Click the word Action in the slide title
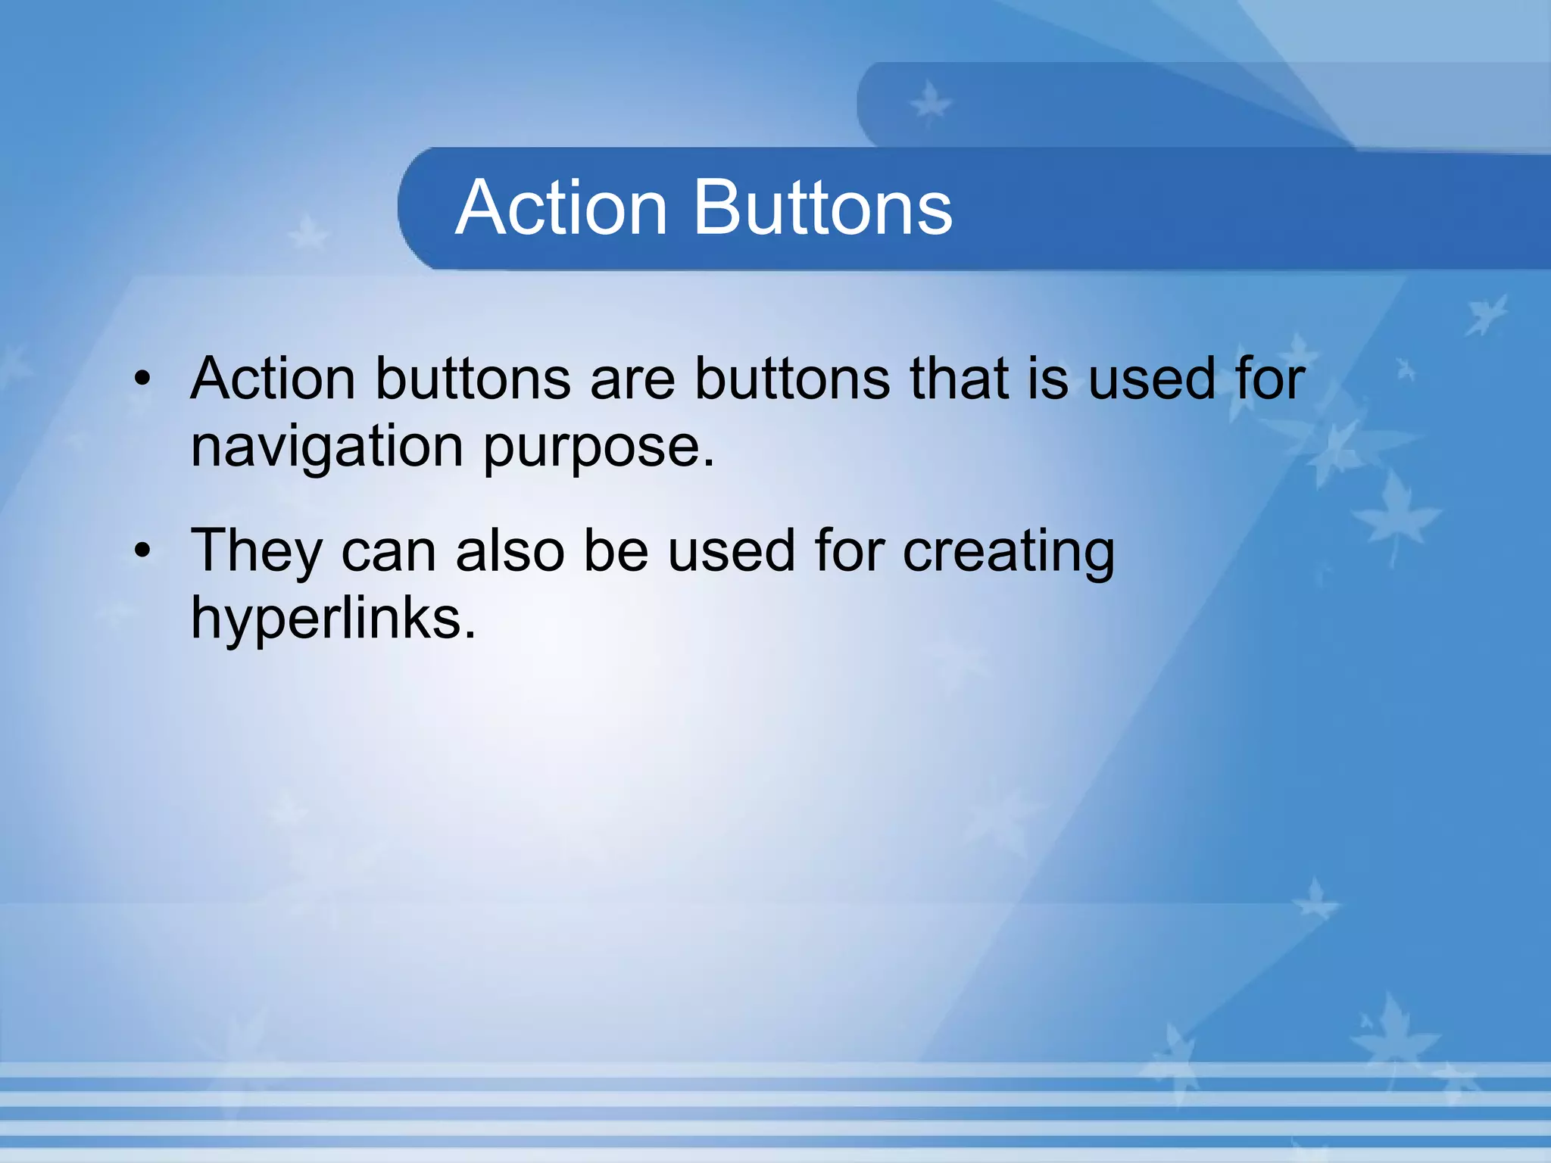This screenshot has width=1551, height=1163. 561,207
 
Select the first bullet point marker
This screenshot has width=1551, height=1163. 142,379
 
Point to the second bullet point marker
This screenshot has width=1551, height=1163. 142,550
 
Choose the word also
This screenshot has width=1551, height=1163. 510,550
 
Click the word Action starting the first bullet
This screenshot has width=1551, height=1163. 273,378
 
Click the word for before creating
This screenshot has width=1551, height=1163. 849,550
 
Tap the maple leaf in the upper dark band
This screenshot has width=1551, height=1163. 930,104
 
